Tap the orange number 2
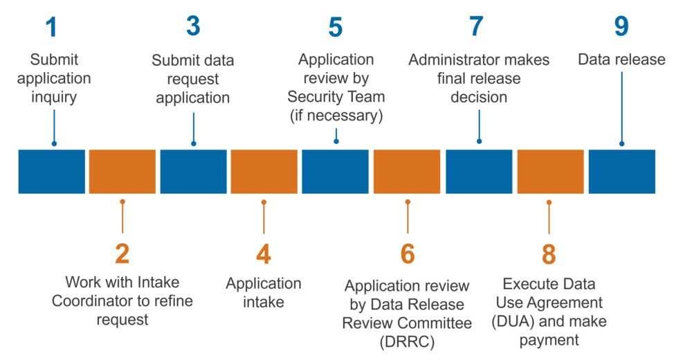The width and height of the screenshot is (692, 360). click(x=122, y=254)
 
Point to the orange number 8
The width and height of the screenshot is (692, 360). click(x=548, y=254)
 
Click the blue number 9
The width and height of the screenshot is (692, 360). click(x=621, y=26)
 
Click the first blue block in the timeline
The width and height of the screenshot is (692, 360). click(x=52, y=171)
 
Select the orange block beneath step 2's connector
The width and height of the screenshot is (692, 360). click(x=122, y=171)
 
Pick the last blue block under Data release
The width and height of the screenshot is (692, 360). click(x=621, y=171)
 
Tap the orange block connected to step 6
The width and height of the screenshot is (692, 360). click(x=407, y=171)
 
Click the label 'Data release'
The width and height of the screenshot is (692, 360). click(x=621, y=60)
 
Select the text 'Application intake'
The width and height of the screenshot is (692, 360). click(x=263, y=293)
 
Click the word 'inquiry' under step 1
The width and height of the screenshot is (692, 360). click(x=54, y=97)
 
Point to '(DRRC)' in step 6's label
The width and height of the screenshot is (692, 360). click(x=407, y=341)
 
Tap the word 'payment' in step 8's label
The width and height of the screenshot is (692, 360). click(x=548, y=341)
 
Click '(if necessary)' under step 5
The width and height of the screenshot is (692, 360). click(x=336, y=116)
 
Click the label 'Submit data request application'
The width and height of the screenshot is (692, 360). click(x=192, y=79)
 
